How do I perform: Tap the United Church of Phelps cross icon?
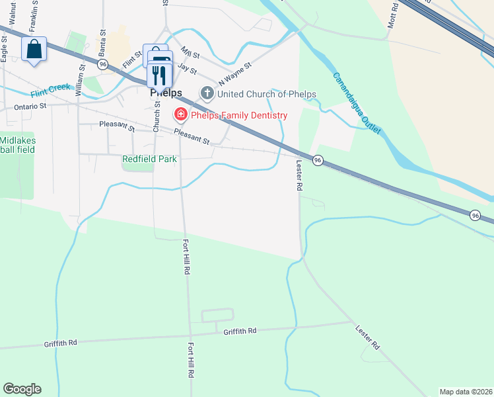[x=207, y=94]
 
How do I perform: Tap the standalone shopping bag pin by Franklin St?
[x=34, y=49]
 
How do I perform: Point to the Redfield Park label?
[x=149, y=159]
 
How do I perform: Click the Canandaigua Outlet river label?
[x=357, y=104]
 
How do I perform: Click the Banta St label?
[x=102, y=43]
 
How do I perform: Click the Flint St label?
[x=132, y=60]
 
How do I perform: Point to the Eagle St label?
[x=4, y=48]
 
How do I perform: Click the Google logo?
[x=22, y=389]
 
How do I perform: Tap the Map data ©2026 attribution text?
[x=466, y=392]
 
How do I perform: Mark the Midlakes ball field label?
[x=17, y=145]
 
